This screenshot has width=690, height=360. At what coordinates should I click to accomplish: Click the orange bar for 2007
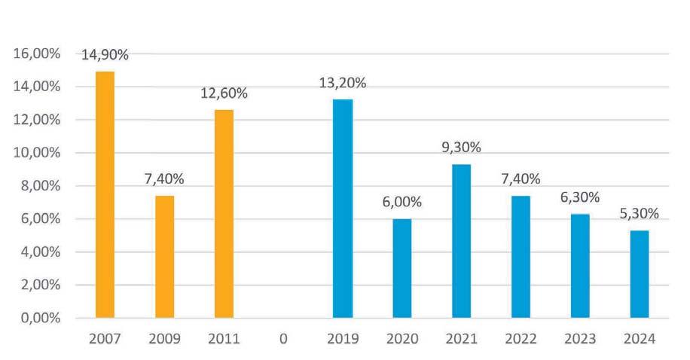(x=105, y=194)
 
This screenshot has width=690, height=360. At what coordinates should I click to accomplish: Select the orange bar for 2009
(x=164, y=257)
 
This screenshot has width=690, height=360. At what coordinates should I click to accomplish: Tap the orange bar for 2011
(x=224, y=214)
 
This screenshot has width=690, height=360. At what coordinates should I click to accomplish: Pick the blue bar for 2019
(x=343, y=209)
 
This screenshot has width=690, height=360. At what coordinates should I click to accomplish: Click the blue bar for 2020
(x=402, y=268)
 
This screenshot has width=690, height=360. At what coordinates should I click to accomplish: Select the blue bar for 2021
(x=462, y=241)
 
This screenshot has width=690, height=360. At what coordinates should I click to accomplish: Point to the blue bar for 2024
(x=640, y=274)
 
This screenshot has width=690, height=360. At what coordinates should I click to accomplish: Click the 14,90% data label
(x=105, y=55)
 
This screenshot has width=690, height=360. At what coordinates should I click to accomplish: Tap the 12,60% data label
(x=224, y=93)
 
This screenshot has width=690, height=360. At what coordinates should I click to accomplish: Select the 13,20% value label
(x=343, y=83)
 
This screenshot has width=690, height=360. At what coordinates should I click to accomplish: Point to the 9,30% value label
(x=462, y=148)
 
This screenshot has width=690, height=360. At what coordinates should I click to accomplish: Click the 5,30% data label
(x=640, y=214)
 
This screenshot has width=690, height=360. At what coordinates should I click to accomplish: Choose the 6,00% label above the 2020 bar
(x=402, y=202)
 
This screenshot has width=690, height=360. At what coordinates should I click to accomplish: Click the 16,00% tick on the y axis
(x=37, y=53)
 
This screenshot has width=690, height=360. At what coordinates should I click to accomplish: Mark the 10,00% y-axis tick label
(x=37, y=153)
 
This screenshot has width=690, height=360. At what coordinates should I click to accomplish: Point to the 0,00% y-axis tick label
(x=41, y=318)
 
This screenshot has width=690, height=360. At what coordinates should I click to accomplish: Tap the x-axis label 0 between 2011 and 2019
(x=283, y=339)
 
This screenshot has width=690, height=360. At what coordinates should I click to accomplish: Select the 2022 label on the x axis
(x=521, y=339)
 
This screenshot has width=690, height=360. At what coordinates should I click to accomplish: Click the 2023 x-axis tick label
(x=581, y=339)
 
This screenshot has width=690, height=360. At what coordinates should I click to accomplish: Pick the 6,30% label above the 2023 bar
(x=580, y=197)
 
